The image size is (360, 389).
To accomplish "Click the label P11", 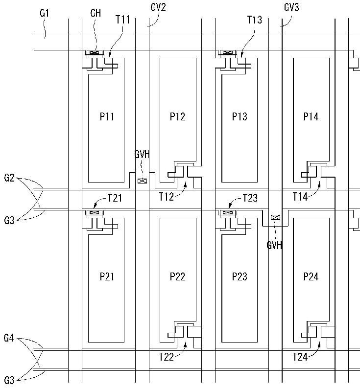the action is point(107,116).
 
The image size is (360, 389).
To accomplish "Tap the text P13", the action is point(240,116).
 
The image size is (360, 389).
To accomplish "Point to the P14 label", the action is point(311,116).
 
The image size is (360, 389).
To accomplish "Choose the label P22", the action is point(177,276).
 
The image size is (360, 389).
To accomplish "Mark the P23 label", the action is point(240,276).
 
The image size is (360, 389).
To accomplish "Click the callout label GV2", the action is point(158,7).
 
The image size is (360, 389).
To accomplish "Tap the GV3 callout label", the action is point(291,7).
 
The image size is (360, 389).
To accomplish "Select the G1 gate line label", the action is point(44,13).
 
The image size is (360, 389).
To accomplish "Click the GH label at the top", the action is point(96,13).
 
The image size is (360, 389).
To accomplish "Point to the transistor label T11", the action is point(122,20).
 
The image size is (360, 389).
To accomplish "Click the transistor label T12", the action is point(166,197).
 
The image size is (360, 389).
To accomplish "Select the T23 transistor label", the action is point(250,198).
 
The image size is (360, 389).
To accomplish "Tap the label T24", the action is point(300,357).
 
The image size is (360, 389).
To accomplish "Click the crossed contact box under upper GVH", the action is point(142,181).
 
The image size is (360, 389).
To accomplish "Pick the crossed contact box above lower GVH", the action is point(275,218).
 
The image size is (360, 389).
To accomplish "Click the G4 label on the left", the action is point(9,338).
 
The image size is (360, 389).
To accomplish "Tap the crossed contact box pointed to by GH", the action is point(94,52).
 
